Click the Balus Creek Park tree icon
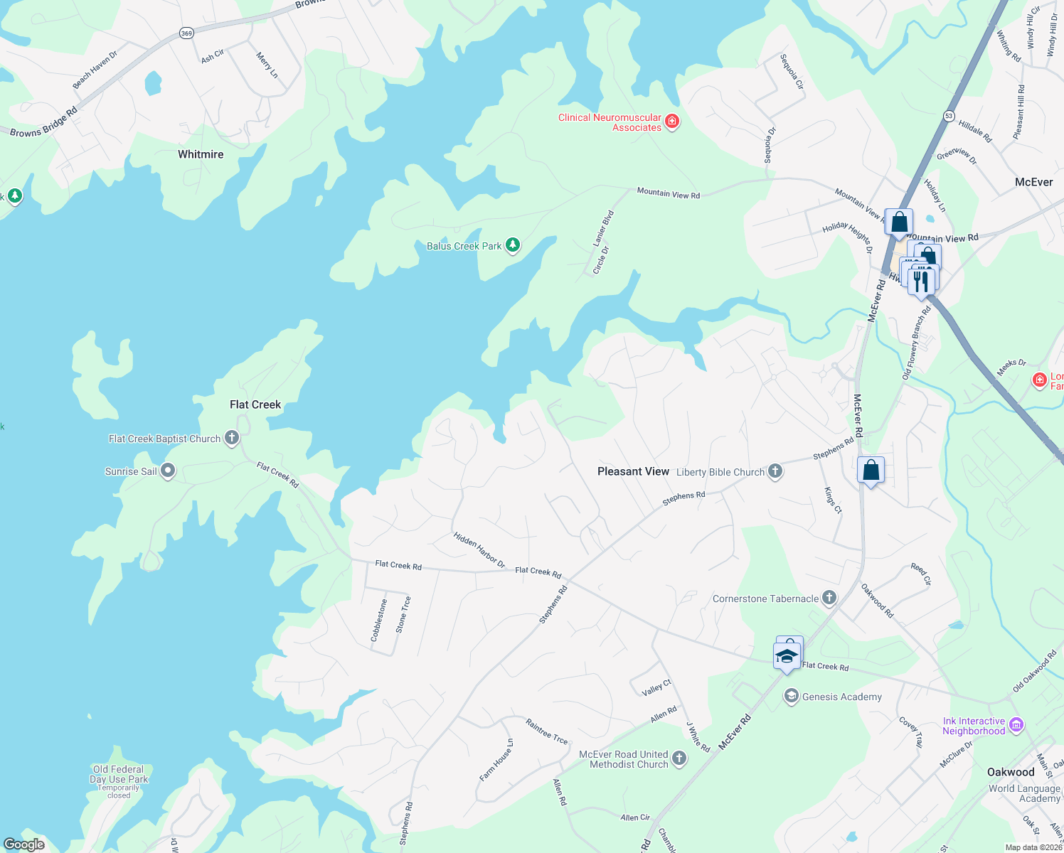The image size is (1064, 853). (x=512, y=246)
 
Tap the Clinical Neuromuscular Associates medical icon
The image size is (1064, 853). (x=672, y=122)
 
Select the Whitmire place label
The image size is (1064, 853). (x=201, y=154)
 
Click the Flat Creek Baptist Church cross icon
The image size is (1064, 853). (x=232, y=438)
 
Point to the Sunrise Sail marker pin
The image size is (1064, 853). (x=168, y=471)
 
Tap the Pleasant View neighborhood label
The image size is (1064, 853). (x=633, y=471)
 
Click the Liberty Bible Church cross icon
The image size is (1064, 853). (x=775, y=471)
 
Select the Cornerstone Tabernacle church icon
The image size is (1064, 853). (x=829, y=598)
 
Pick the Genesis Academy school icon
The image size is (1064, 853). (x=791, y=697)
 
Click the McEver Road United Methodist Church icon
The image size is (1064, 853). (x=679, y=758)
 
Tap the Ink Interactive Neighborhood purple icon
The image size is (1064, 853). (x=1016, y=725)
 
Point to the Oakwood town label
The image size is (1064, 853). (x=1011, y=772)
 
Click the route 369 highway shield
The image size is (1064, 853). (x=186, y=33)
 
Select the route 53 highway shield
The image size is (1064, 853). (x=949, y=115)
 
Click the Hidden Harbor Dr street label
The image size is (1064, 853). (x=479, y=550)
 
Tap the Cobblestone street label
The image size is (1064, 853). (x=379, y=620)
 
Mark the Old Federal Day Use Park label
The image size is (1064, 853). (x=119, y=774)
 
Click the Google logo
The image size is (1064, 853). (x=24, y=844)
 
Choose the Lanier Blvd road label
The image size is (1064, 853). (x=603, y=228)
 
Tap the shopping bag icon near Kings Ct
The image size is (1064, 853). (x=871, y=471)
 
